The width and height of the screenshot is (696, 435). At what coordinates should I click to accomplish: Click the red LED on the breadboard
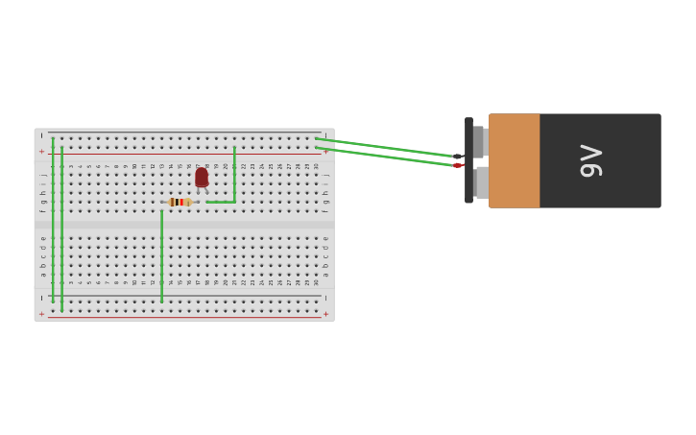tap(202, 177)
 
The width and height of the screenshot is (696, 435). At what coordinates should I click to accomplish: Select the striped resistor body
tap(180, 202)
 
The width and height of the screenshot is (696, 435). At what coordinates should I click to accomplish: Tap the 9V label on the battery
tap(591, 160)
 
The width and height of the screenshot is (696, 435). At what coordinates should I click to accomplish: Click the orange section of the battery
tap(515, 160)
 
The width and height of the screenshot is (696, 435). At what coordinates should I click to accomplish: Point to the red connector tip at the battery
tap(458, 165)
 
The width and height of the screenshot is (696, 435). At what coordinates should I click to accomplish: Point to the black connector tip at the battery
tap(458, 156)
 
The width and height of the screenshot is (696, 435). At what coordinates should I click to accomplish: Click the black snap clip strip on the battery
tap(468, 160)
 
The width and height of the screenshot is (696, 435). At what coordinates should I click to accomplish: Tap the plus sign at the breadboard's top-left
tap(41, 152)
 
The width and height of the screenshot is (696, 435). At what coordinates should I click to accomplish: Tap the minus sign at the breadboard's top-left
tap(41, 135)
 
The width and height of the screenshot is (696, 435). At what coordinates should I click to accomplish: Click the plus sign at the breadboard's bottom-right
tap(325, 314)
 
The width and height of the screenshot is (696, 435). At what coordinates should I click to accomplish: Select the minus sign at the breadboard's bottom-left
tap(41, 298)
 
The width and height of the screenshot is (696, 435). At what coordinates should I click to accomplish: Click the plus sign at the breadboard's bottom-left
tap(41, 314)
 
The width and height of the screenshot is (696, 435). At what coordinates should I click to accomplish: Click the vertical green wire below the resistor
tap(161, 254)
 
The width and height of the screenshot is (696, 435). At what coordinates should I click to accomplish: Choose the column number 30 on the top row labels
tap(316, 166)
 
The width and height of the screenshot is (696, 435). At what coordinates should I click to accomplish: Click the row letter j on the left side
tap(43, 175)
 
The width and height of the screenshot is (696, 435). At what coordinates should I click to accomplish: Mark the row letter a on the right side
tap(325, 274)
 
